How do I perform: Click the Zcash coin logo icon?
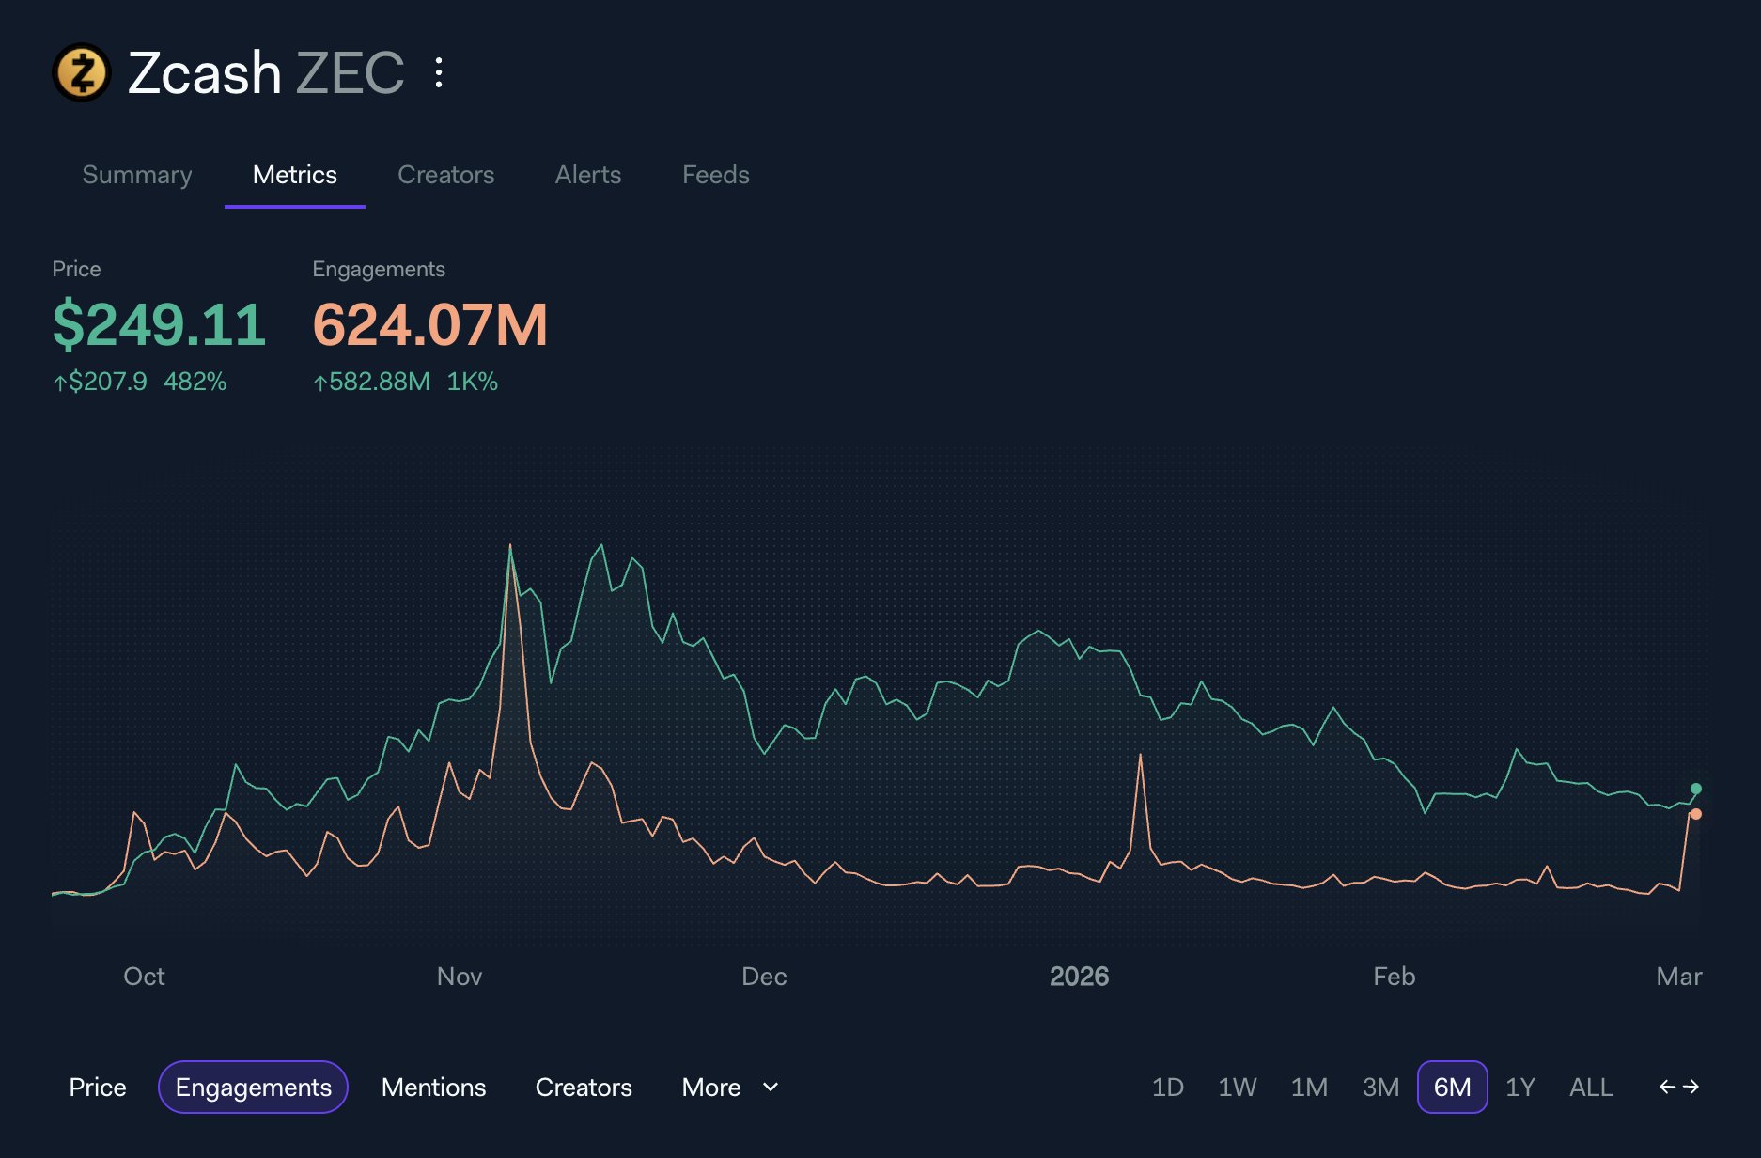(x=82, y=72)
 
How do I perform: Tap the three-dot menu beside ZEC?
(x=439, y=72)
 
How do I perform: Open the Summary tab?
(x=137, y=175)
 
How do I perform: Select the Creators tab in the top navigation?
(x=445, y=175)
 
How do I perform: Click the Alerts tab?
(x=588, y=175)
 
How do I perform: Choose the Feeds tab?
(x=715, y=175)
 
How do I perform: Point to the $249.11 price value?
(x=159, y=325)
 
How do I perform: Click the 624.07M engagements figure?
(x=429, y=325)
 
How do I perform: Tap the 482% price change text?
(x=195, y=382)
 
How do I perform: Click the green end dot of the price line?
(x=1696, y=789)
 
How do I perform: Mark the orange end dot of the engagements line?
(x=1696, y=814)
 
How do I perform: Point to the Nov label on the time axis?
(x=460, y=977)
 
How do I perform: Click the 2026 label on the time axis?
(x=1079, y=977)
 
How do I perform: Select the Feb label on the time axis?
(x=1394, y=977)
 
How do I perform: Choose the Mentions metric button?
(x=433, y=1088)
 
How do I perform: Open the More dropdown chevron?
(x=771, y=1088)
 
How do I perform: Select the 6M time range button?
(x=1452, y=1088)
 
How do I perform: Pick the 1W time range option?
(x=1237, y=1088)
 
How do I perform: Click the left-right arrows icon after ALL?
(x=1679, y=1087)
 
